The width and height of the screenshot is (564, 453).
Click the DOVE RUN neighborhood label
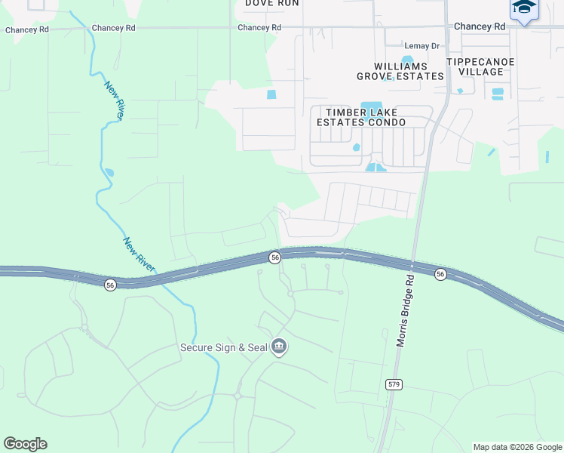point(272,3)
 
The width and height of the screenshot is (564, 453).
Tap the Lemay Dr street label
point(421,46)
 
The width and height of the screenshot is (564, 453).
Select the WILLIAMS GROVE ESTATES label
point(400,71)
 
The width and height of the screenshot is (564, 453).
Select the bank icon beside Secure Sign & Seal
point(279,347)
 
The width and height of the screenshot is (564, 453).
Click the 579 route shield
point(394,384)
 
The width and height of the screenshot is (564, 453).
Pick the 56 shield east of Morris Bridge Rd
point(440,274)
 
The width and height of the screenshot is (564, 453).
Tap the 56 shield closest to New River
point(110,285)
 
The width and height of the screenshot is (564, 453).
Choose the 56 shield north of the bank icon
point(275,257)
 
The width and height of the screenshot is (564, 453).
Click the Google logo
point(25,444)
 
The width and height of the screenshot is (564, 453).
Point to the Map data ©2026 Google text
point(517,447)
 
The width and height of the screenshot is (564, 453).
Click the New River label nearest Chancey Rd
point(115,100)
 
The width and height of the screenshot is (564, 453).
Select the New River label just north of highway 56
point(139,254)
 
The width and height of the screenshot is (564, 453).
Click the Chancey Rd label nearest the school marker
point(480,26)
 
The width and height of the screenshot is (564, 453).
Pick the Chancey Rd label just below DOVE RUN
point(259,27)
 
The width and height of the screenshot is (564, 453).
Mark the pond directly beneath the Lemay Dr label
point(407,60)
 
